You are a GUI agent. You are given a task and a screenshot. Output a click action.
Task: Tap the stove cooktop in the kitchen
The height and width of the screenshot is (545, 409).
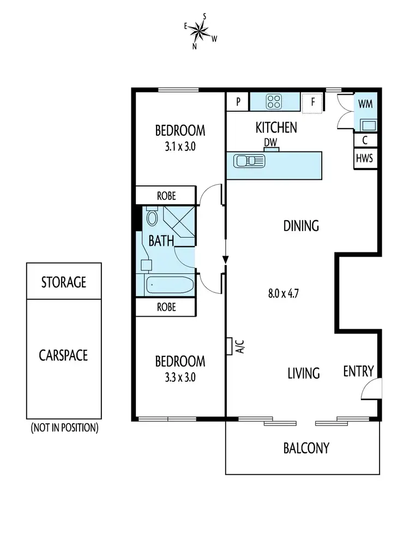pos(274,101)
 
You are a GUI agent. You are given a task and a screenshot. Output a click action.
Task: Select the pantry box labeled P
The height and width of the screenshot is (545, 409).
pos(238,101)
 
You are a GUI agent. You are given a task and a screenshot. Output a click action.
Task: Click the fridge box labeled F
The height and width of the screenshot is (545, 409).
pos(313,102)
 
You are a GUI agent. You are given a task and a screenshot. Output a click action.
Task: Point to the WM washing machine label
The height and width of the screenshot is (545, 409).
pos(365,104)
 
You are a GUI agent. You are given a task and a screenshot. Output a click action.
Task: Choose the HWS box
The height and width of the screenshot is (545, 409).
pos(365,159)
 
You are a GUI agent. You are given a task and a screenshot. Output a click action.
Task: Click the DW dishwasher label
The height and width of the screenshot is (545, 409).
pos(271,142)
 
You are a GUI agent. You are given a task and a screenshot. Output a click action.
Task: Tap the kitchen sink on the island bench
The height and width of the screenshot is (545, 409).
pos(249,161)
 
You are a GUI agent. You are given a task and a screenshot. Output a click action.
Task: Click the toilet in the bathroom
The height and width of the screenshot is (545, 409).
pos(152,219)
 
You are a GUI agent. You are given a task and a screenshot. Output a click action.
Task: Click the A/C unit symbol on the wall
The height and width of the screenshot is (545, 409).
pos(230,347)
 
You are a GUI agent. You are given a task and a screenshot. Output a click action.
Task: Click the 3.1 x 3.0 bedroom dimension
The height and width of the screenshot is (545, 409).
pos(180,146)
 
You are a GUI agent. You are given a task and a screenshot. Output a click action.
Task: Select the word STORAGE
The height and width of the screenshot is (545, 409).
pos(64,282)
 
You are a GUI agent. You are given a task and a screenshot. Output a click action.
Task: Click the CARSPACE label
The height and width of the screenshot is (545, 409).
pos(63,355)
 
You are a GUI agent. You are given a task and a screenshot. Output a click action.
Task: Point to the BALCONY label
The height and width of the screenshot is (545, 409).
pos(306,448)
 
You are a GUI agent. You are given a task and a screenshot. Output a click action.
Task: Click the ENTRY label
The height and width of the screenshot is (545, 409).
pos(358,372)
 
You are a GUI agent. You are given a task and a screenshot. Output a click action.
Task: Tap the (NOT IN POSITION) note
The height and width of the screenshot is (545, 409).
pos(64,428)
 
